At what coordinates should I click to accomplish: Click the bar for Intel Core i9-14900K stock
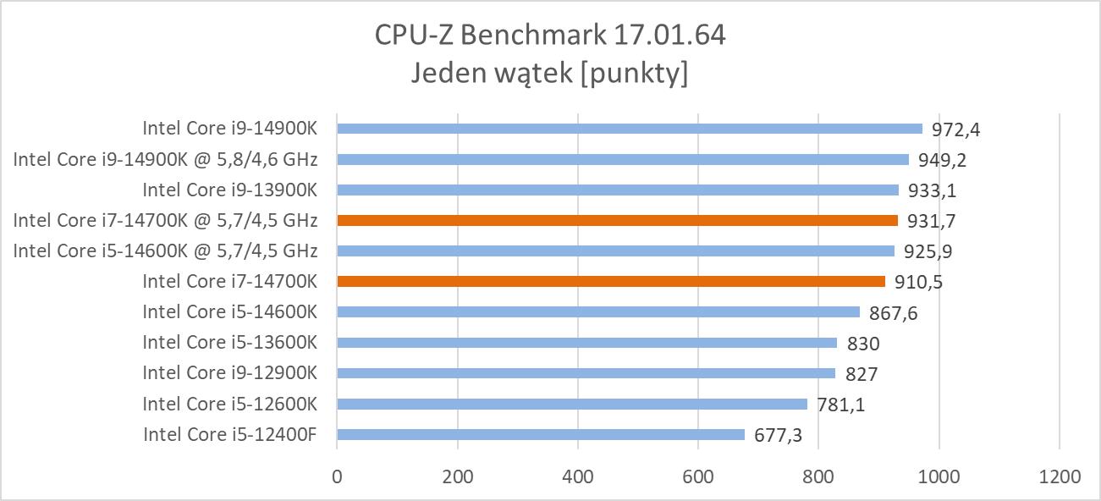[630, 129]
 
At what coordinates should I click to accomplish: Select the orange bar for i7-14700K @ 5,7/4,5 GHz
[617, 220]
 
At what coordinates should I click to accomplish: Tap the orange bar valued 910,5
[611, 281]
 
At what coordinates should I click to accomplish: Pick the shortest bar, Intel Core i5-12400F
[541, 434]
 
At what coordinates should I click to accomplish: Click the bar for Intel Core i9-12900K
[586, 373]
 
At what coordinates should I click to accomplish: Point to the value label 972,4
[955, 130]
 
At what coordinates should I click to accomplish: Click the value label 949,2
[942, 161]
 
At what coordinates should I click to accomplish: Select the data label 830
[862, 344]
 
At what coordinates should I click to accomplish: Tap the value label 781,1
[840, 405]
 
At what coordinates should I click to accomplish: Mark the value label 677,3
[778, 436]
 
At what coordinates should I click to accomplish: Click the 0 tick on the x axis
[337, 476]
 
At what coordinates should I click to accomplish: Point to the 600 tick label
[698, 476]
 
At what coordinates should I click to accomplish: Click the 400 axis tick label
[578, 476]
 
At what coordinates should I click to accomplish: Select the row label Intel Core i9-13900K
[229, 190]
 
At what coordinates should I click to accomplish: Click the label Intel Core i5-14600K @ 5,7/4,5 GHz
[165, 250]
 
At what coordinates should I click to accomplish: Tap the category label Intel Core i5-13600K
[229, 342]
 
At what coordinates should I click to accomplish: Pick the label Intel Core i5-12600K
[229, 403]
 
